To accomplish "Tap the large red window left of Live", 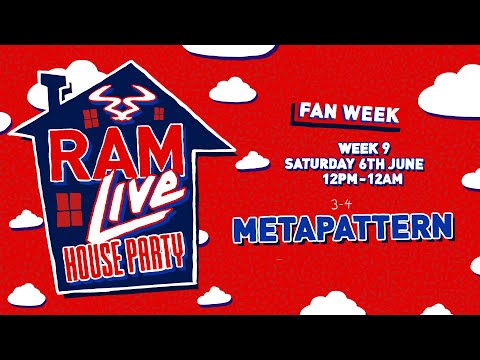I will point(70,208).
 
